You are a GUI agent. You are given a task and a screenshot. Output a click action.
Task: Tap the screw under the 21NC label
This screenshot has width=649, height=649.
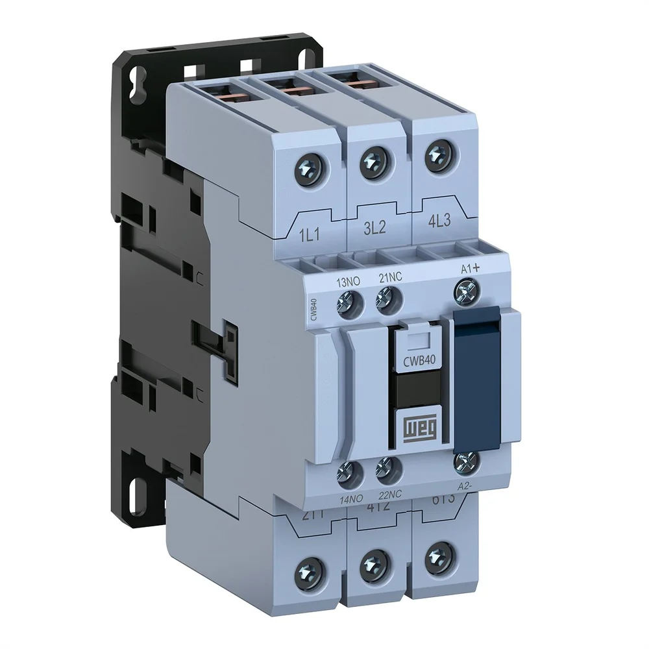pos(387,298)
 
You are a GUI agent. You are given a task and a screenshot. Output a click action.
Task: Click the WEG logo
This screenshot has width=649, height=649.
pos(419,428)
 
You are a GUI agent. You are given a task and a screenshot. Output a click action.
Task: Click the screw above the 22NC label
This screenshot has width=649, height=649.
pos(387,468)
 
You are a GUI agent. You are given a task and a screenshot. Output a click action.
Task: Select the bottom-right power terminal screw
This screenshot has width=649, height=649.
pos(440,555)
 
